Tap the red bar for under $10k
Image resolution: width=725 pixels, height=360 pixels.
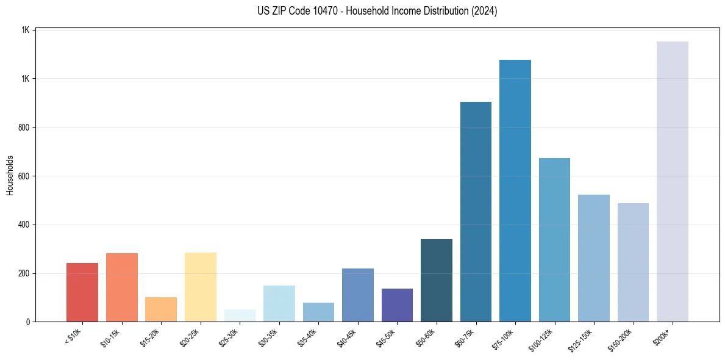pos(82,292)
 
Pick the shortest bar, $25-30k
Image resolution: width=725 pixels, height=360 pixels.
pos(240,315)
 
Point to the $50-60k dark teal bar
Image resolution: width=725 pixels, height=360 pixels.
pos(437,280)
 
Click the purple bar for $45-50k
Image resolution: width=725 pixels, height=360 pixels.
pos(397,305)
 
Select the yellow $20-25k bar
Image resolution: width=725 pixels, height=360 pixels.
pos(201,287)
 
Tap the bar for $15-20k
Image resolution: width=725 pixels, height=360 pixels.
pos(161,309)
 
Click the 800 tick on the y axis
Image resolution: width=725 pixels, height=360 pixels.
pos(24,128)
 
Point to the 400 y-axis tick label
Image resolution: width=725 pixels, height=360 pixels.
pos(24,225)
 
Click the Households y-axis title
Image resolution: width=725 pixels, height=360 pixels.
pos(10,175)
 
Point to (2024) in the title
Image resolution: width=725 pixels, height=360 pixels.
pos(484,11)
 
